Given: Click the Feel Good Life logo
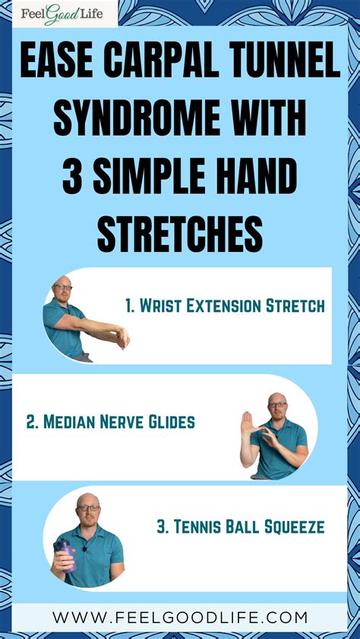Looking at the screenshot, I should (x=58, y=14).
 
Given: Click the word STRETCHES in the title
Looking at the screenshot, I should (x=180, y=235).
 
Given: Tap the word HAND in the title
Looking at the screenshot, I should (x=257, y=178).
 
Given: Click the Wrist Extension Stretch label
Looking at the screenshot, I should (x=225, y=306).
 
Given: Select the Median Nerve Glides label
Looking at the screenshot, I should (x=110, y=422).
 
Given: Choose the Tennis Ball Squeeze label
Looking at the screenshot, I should (x=241, y=527).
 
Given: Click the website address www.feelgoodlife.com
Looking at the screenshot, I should (x=180, y=617).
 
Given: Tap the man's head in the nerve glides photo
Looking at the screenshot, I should (x=277, y=404).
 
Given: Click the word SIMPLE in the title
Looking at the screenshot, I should (x=161, y=178).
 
